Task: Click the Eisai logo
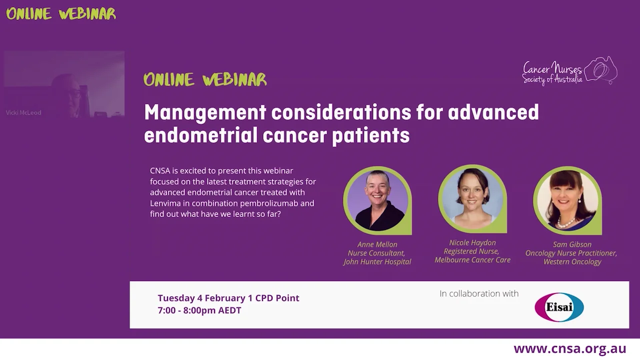pyautogui.click(x=559, y=307)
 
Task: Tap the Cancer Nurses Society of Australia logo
pyautogui.click(x=569, y=71)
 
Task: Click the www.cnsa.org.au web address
pyautogui.click(x=569, y=348)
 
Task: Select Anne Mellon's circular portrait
pyautogui.click(x=377, y=200)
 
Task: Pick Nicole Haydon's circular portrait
pyautogui.click(x=472, y=198)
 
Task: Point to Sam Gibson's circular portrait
pyautogui.click(x=567, y=200)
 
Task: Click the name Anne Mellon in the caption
pyautogui.click(x=377, y=244)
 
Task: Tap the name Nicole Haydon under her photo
pyautogui.click(x=472, y=242)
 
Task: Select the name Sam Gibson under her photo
pyautogui.click(x=572, y=244)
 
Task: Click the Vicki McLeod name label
pyautogui.click(x=23, y=113)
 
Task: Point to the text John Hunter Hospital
pyautogui.click(x=377, y=262)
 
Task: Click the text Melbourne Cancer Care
pyautogui.click(x=472, y=260)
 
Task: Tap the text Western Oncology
pyautogui.click(x=572, y=262)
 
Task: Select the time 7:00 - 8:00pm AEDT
pyautogui.click(x=199, y=310)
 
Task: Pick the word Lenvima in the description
pyautogui.click(x=165, y=203)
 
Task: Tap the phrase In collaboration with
pyautogui.click(x=479, y=293)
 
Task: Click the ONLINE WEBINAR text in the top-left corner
pyautogui.click(x=61, y=13)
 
